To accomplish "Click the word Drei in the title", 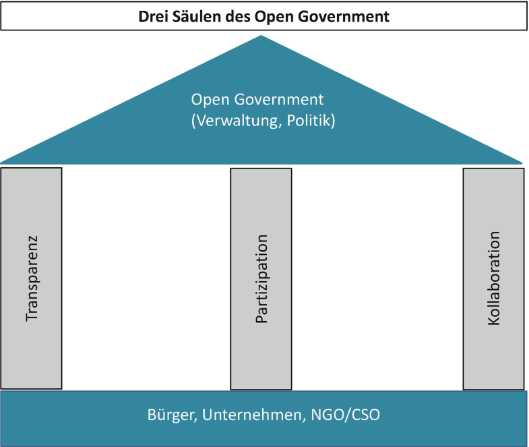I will click(x=152, y=16).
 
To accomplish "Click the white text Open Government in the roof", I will click(x=257, y=100).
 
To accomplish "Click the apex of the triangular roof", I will click(x=261, y=36).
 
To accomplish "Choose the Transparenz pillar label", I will click(x=32, y=278).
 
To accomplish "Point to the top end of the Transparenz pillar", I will click(x=32, y=170).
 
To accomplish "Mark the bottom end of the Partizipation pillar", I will click(x=261, y=388).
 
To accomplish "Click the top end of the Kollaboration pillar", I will click(x=494, y=171).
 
